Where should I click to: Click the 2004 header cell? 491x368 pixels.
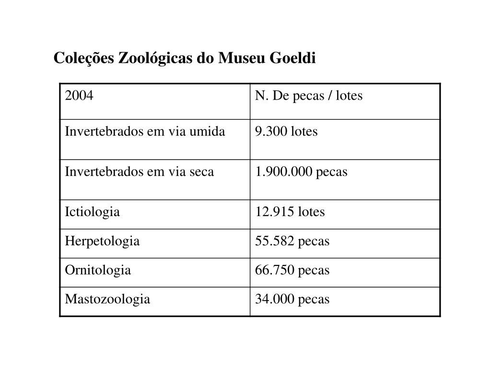pos(79,96)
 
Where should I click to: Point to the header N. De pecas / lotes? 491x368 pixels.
pos(309,96)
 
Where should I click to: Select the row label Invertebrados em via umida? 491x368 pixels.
pos(145,132)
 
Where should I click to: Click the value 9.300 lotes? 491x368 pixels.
pos(286,132)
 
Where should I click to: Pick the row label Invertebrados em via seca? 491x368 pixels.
pos(140,172)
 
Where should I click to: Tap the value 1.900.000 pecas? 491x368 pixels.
pos(301,172)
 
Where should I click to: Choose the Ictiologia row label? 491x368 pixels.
pos(93,212)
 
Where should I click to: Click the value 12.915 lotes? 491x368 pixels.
pos(290,212)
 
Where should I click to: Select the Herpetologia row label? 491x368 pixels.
pos(102,241)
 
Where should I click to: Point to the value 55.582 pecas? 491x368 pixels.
pos(292,241)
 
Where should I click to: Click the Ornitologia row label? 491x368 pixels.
pos(98,270)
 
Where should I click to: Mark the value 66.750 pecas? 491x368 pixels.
pos(292,270)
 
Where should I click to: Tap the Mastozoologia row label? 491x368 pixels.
pos(107,299)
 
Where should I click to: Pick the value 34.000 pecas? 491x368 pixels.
pos(292,299)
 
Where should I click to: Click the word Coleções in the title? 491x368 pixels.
pos(84,58)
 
